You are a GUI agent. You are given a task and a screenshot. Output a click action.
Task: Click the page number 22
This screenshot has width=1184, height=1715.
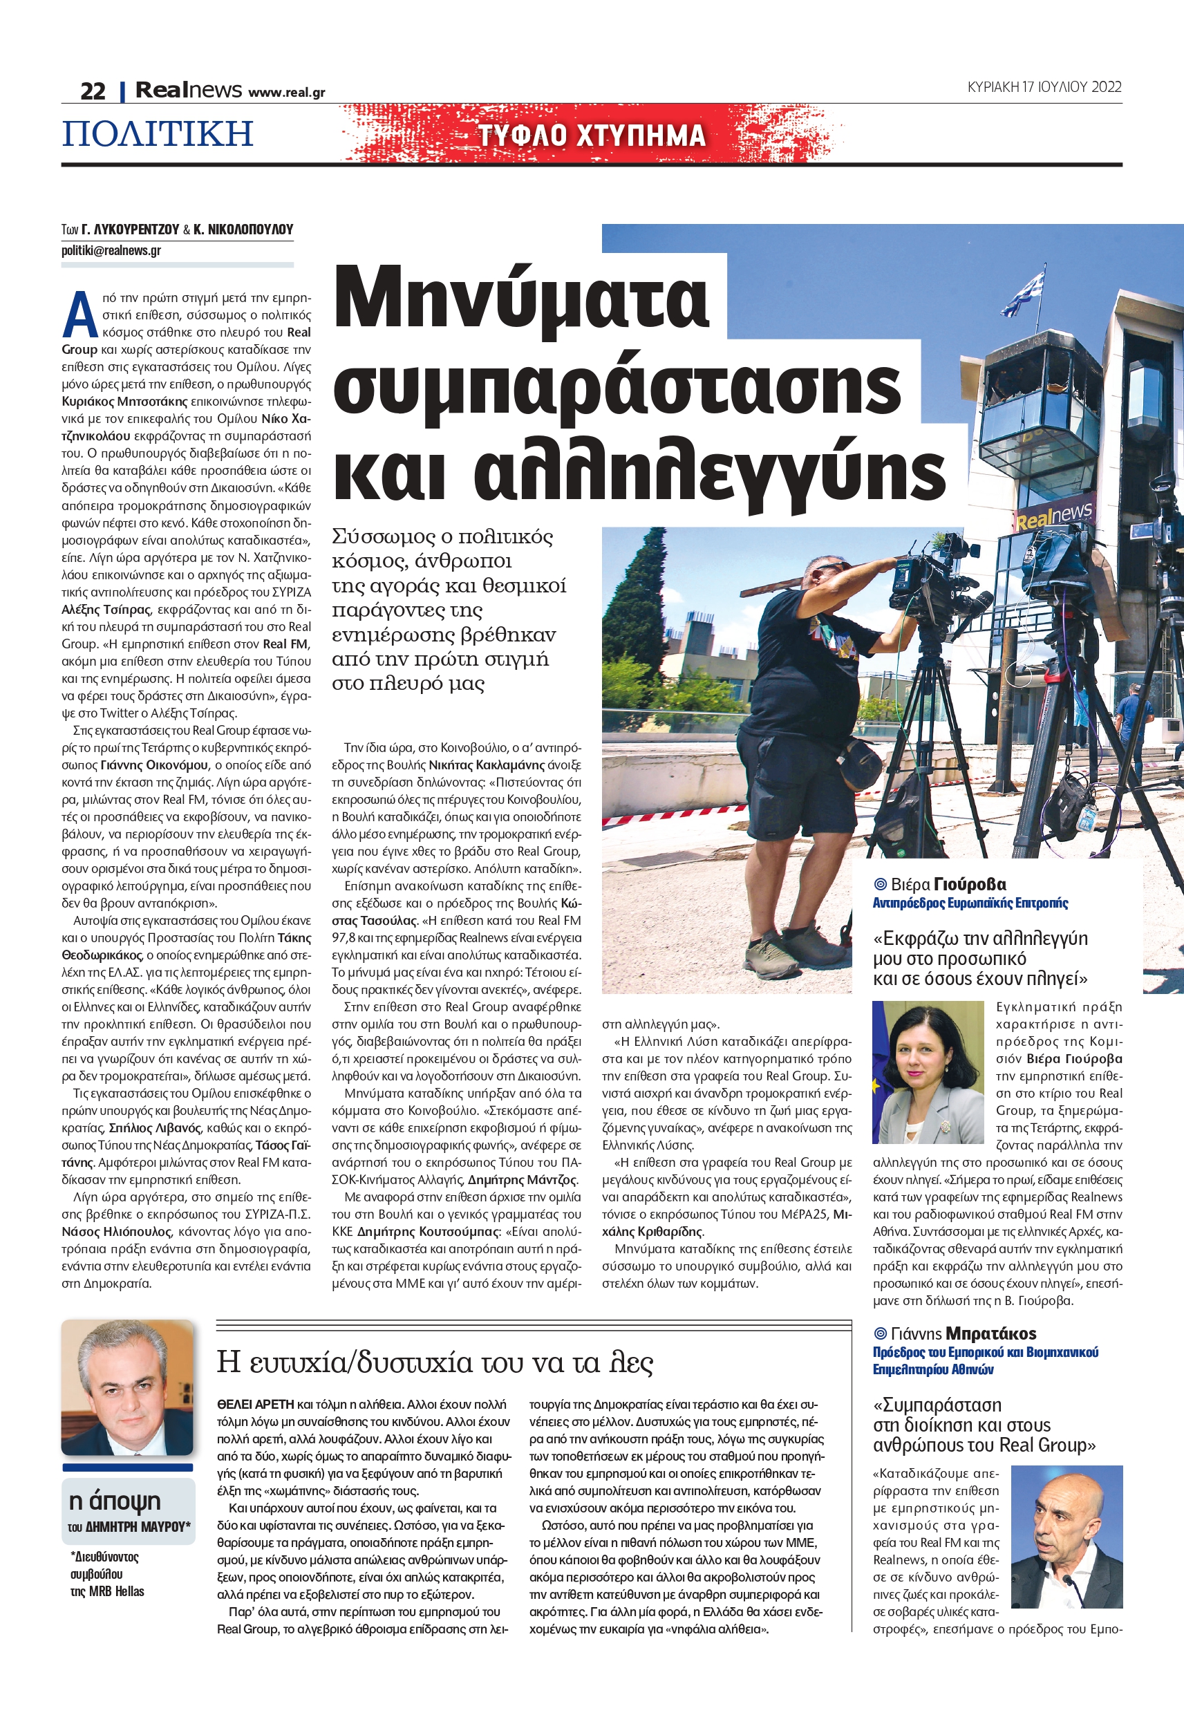point(93,91)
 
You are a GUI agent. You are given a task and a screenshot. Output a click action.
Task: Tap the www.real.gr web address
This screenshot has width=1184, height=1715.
point(286,93)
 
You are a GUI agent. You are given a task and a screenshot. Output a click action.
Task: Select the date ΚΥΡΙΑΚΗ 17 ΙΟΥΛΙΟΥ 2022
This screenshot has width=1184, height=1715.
point(1044,87)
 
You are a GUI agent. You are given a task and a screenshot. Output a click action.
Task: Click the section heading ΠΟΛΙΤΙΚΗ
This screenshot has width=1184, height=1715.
point(158,134)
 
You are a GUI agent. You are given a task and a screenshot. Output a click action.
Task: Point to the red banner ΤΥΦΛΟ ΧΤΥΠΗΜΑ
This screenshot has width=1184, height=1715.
point(591,135)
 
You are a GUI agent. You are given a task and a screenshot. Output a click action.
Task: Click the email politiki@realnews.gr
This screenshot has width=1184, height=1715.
point(111,251)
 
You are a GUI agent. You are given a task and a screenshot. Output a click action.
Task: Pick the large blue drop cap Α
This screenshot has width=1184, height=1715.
point(79,315)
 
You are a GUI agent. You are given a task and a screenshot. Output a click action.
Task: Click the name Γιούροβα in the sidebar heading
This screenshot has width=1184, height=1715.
point(970,884)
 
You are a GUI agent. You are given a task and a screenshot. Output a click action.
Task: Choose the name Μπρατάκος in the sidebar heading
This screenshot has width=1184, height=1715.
point(991,1333)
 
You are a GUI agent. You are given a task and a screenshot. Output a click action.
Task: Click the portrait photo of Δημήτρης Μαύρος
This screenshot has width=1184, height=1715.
point(128,1388)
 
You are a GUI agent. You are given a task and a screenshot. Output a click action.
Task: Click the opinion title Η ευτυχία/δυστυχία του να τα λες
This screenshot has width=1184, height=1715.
point(435,1362)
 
